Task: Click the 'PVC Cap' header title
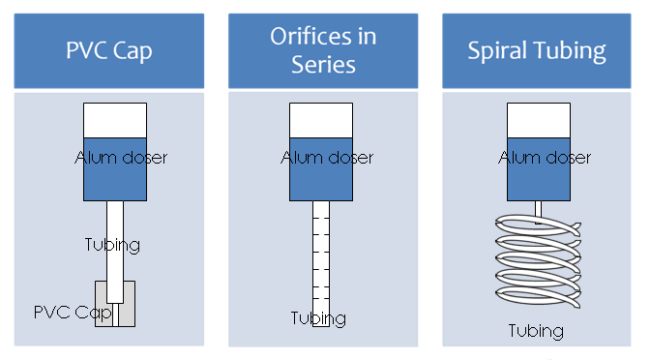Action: tap(109, 51)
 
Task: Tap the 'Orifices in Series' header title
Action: tap(323, 50)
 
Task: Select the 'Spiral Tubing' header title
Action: tap(537, 51)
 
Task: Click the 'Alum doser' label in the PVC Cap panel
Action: tap(121, 158)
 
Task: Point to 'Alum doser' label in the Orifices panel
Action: tap(327, 158)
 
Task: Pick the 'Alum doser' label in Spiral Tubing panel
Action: tap(545, 158)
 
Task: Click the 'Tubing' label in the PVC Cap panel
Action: tap(112, 245)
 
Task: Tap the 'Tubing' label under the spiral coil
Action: tap(536, 331)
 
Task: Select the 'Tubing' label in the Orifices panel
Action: tap(318, 318)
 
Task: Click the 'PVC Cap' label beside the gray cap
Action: tap(73, 313)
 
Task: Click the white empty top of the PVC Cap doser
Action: tap(115, 120)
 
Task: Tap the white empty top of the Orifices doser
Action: tap(321, 120)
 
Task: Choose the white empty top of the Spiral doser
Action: tap(539, 120)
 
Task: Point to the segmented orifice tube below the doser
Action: tap(321, 264)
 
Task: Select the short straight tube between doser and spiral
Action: tap(538, 212)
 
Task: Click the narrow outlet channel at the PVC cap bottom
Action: tap(115, 315)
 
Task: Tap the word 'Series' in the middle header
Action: tap(323, 65)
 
